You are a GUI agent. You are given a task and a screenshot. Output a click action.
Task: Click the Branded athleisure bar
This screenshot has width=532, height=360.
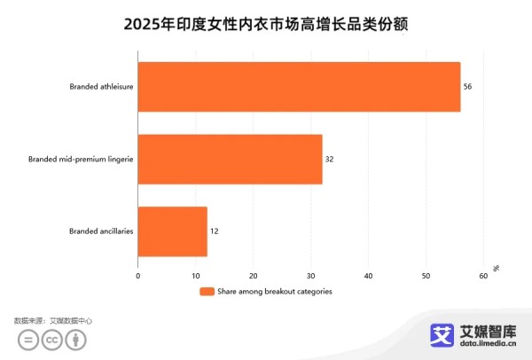[299, 87]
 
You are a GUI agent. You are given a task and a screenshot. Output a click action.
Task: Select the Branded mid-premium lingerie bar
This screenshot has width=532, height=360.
[231, 159]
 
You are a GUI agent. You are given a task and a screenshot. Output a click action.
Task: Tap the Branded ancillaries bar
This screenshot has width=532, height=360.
[173, 231]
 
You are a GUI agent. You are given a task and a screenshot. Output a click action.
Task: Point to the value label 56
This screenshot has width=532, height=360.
[468, 87]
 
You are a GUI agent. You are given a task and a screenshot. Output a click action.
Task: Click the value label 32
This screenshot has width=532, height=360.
[329, 159]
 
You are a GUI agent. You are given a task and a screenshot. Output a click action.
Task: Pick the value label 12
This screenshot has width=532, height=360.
[214, 231]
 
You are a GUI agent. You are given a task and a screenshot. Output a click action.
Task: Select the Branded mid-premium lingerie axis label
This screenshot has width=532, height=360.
[81, 159]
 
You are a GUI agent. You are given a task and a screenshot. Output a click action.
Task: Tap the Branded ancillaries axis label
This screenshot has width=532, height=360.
[101, 231]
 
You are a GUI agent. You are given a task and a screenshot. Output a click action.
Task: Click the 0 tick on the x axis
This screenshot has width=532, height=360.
[138, 276]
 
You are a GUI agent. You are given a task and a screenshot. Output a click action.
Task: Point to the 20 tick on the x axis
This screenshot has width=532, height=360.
[254, 276]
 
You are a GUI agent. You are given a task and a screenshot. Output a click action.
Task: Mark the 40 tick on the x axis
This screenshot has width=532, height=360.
[369, 276]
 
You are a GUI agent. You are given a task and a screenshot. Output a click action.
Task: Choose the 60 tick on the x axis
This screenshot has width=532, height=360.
[483, 276]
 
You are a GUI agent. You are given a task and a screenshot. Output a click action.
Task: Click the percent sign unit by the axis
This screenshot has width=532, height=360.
[496, 268]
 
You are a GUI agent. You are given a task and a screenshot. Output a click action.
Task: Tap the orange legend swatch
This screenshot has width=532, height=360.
[207, 292]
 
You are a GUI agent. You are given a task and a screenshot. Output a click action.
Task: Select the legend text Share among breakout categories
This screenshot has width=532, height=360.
[275, 292]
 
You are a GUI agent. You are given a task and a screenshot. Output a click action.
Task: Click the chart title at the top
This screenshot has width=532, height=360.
[266, 26]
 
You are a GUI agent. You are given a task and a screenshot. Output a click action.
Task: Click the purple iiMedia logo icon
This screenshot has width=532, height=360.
[442, 334]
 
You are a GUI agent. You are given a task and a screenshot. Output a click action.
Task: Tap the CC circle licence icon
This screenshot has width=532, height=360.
[52, 340]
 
